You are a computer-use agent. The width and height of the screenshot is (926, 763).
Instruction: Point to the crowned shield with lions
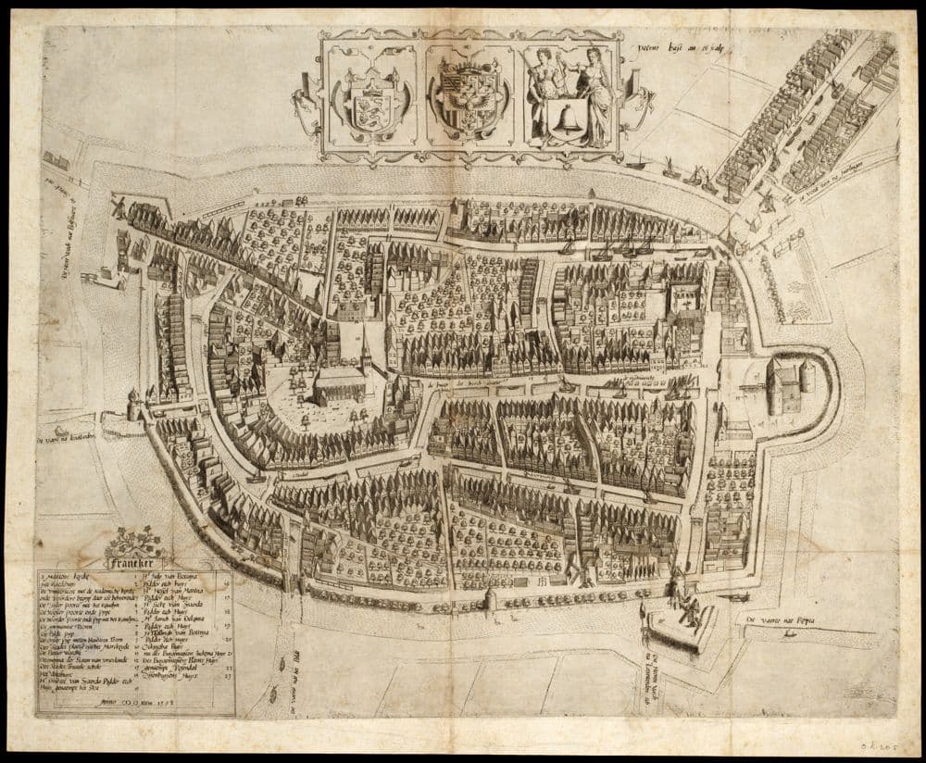click(x=369, y=105)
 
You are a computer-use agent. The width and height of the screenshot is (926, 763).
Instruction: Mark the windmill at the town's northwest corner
click(x=119, y=206)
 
